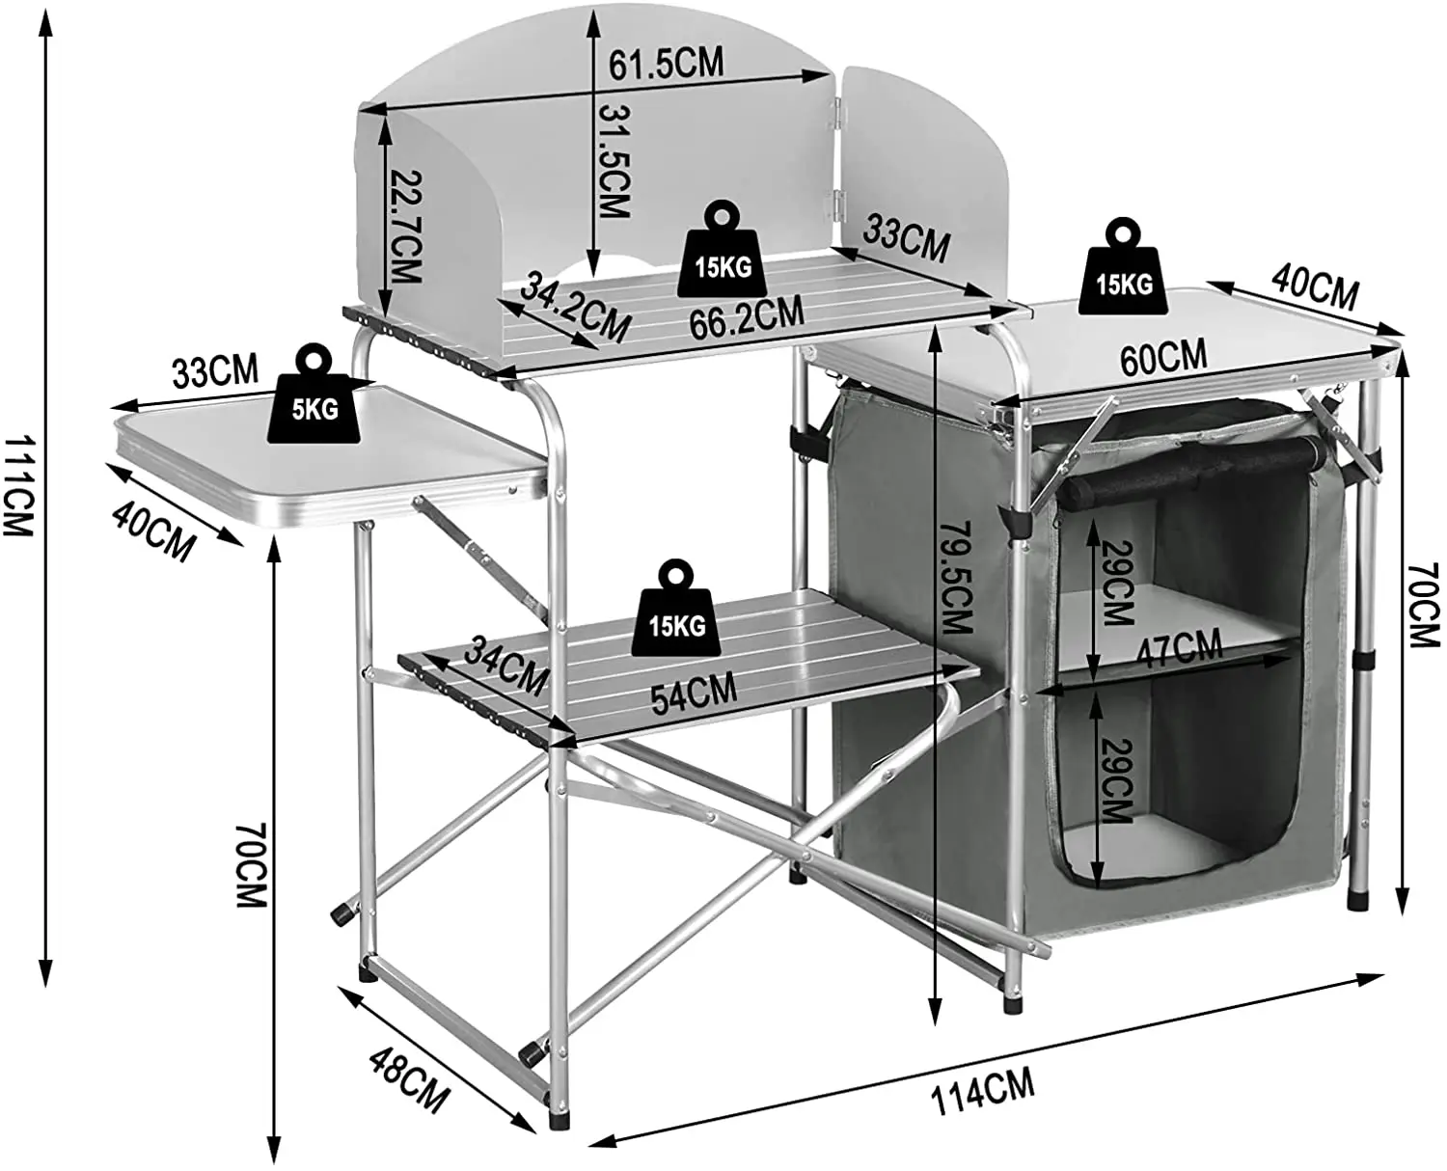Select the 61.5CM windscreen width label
pyautogui.click(x=666, y=64)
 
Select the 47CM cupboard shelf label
pyautogui.click(x=1179, y=649)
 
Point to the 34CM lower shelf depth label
pyautogui.click(x=505, y=666)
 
